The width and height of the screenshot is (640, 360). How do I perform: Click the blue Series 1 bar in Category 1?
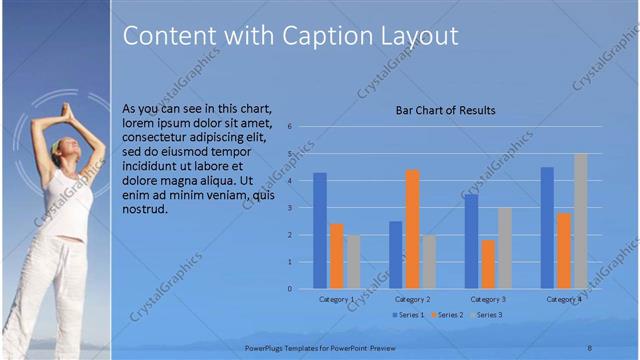click(x=320, y=231)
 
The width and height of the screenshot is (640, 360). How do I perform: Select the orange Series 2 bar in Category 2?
click(x=412, y=229)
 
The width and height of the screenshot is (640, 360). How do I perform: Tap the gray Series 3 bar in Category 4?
click(x=580, y=221)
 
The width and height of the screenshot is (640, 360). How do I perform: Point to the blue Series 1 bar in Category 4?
click(x=547, y=228)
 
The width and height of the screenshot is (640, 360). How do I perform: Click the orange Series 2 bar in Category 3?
click(x=488, y=264)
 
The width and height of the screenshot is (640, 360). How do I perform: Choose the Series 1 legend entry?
click(x=407, y=315)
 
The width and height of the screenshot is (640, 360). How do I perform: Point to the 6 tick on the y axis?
click(x=288, y=127)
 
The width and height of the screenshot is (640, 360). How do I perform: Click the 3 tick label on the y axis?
click(x=288, y=208)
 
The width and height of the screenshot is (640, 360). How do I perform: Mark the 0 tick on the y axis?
click(x=288, y=289)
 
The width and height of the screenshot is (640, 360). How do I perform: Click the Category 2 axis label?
click(x=412, y=299)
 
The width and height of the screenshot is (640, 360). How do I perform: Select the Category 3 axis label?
click(x=488, y=299)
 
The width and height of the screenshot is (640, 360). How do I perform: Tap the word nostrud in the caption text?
click(x=144, y=209)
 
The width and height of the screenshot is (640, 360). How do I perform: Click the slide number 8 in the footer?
click(x=590, y=346)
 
